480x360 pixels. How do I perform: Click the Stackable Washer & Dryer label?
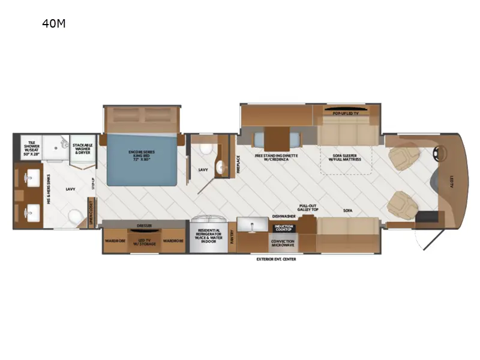[x=82, y=148]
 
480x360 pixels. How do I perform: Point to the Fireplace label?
[x=238, y=164]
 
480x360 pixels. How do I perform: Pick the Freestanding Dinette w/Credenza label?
[x=276, y=157]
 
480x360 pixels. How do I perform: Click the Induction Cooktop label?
[x=283, y=228]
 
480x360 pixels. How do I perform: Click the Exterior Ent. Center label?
[x=276, y=259]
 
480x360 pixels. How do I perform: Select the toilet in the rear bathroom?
[x=75, y=215]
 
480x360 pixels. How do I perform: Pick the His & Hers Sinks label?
[x=49, y=192]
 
